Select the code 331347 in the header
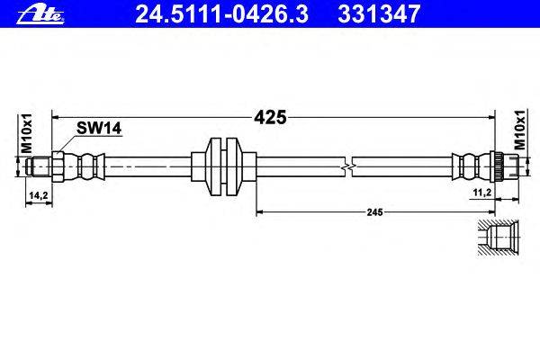tap(374, 12)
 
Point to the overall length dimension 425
tap(272, 116)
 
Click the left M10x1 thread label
tap(26, 133)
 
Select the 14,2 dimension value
tap(38, 193)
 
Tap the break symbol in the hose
tap(349, 166)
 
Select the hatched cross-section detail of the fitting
tap(495, 238)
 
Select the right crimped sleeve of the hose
tap(465, 166)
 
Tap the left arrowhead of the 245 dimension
tap(261, 212)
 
